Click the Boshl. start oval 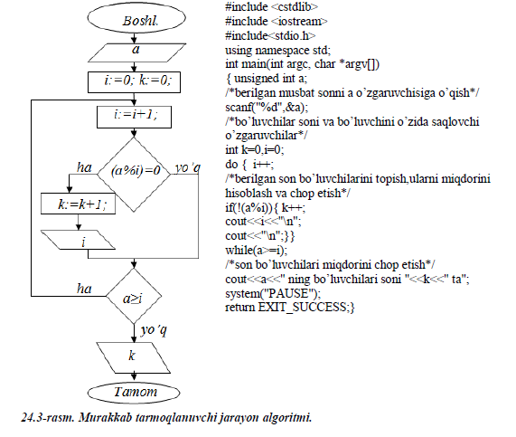click(x=136, y=18)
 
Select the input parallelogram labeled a click(x=136, y=52)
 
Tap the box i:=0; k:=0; click(x=134, y=82)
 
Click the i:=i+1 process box click(x=134, y=117)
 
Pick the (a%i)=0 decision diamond click(x=134, y=175)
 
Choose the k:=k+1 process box click(x=78, y=204)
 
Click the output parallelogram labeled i click(x=78, y=240)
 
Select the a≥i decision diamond click(x=134, y=296)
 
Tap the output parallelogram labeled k click(x=133, y=357)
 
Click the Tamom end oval click(x=134, y=393)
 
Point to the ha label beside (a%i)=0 click(x=84, y=167)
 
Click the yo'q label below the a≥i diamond click(x=154, y=330)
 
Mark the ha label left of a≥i click(x=84, y=289)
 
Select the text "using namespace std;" click(x=277, y=51)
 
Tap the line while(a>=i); click(x=256, y=251)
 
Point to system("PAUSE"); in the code click(x=273, y=293)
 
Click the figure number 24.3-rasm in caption click(x=48, y=418)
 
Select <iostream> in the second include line click(x=299, y=22)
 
